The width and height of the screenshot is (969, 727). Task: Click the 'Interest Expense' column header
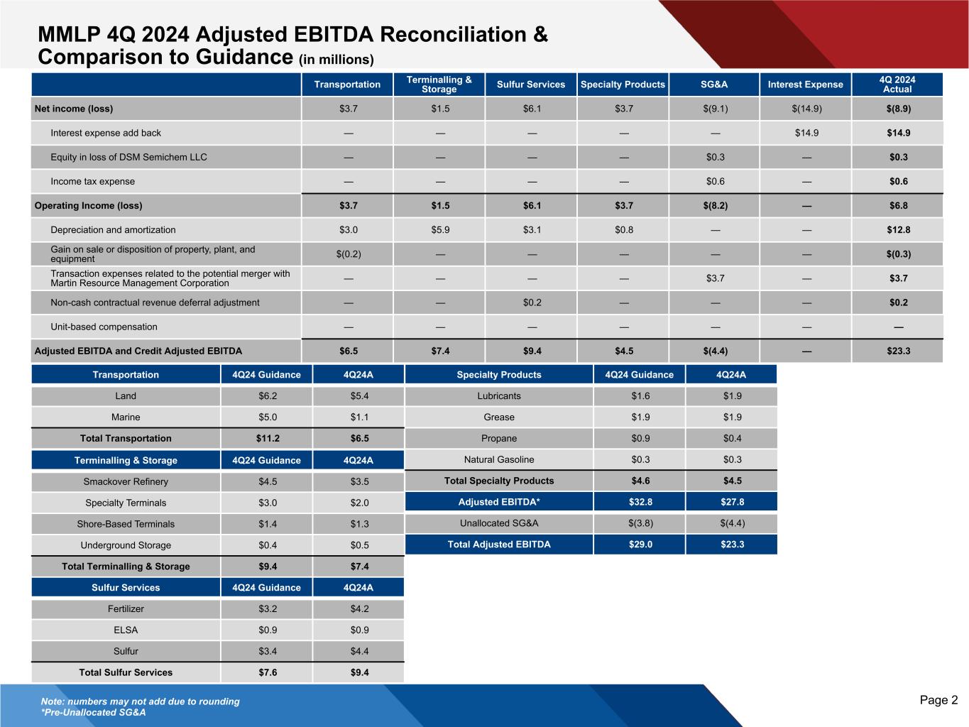(x=805, y=84)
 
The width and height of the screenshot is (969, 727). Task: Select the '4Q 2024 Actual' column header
(x=897, y=84)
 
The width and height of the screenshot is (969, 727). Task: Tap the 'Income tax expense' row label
(x=92, y=181)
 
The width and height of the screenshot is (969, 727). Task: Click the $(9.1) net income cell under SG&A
(x=715, y=109)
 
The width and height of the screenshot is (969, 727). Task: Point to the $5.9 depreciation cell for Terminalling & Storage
(x=439, y=230)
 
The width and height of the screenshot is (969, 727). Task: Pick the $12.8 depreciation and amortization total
(x=898, y=230)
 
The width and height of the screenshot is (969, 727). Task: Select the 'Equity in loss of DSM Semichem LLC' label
(x=128, y=157)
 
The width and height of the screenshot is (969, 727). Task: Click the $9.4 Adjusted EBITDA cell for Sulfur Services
(x=531, y=351)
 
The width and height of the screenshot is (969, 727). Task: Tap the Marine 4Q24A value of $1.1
(x=358, y=417)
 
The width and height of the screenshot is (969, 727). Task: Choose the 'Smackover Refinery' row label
(x=126, y=481)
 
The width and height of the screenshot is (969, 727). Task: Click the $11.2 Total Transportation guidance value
(x=266, y=439)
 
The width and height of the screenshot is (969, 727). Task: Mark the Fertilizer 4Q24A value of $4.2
(x=358, y=609)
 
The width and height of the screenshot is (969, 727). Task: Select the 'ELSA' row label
(x=126, y=630)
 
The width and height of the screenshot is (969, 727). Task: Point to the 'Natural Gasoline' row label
(x=499, y=460)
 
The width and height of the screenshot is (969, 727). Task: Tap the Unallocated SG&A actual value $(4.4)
(x=732, y=523)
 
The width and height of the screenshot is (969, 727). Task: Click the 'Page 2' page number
(x=938, y=701)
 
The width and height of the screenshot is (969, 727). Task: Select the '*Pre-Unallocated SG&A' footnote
(x=93, y=712)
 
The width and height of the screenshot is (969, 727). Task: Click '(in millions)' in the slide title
(x=336, y=59)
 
